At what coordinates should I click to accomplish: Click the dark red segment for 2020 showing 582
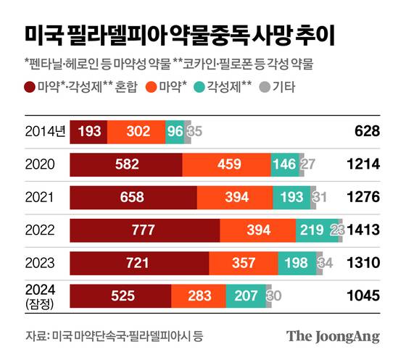point(126,164)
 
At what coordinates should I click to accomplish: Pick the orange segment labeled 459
point(227,164)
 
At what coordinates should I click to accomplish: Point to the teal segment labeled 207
point(246,296)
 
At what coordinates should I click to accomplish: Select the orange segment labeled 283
point(199,296)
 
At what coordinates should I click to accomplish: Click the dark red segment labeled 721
point(139,263)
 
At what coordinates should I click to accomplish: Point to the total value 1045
point(363,296)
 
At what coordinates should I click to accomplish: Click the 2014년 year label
point(43,131)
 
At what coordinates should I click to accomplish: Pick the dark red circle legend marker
point(30,86)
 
